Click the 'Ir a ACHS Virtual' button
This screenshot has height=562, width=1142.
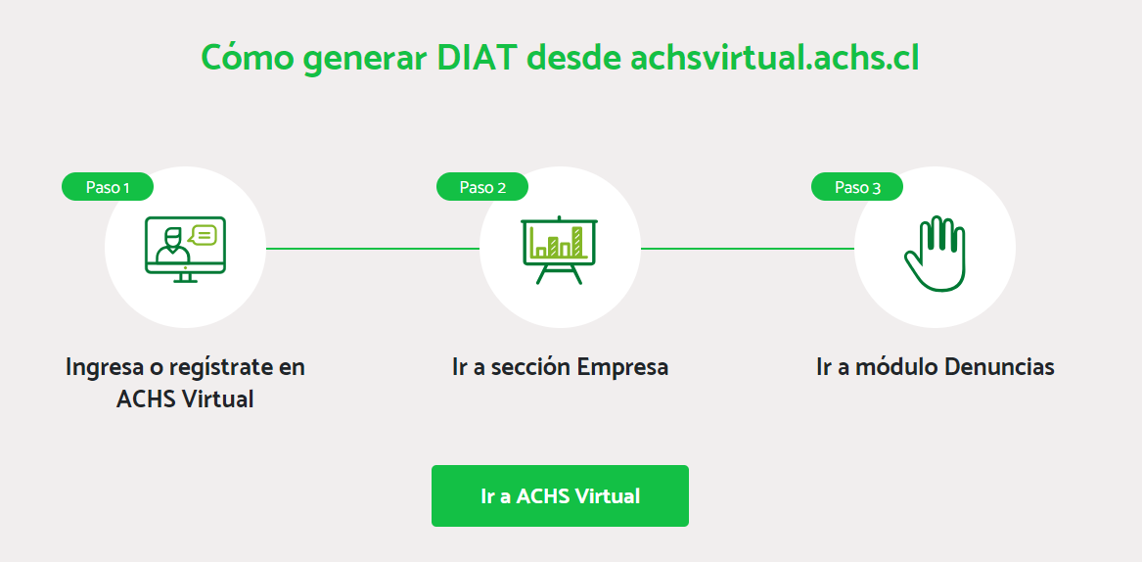tap(560, 495)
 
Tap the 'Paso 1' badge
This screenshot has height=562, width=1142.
tap(108, 187)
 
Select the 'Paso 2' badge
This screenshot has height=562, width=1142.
tap(482, 187)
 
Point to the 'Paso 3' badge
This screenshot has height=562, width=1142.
tap(857, 187)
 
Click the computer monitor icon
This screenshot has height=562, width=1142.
tap(185, 249)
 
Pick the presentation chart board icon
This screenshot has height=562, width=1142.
tap(560, 250)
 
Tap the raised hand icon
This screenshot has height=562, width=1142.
tap(935, 254)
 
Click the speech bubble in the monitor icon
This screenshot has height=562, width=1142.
tap(203, 235)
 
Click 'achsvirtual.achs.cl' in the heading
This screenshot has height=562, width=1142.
tap(774, 58)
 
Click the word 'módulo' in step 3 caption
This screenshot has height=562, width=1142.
tap(896, 366)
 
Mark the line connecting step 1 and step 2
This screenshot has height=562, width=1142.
tap(373, 249)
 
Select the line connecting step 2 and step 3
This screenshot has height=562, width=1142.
tap(748, 249)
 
